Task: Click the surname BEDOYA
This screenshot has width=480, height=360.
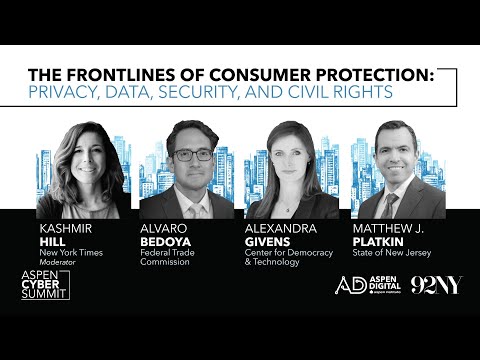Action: click(x=166, y=241)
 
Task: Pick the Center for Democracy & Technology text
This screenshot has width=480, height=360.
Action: click(x=282, y=258)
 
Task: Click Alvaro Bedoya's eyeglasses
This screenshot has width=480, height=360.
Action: click(x=190, y=156)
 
